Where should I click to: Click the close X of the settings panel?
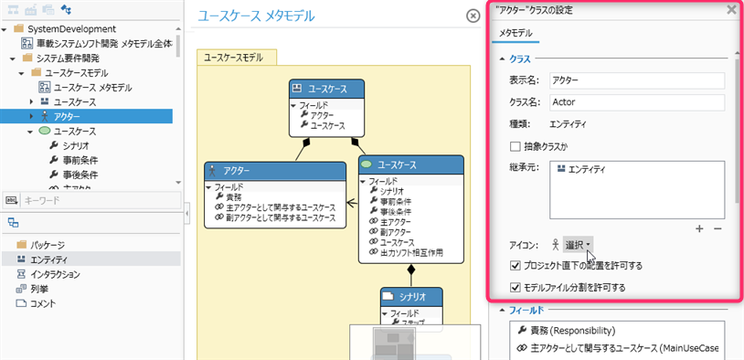coord(730,10)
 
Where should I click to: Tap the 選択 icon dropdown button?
coord(579,245)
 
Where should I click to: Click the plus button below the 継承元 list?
coord(699,228)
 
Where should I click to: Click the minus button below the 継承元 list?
coord(717,228)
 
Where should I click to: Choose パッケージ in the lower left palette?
coord(47,245)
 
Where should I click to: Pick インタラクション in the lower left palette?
coord(55,274)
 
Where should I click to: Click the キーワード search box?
coord(91,198)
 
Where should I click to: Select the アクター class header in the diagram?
coord(274,171)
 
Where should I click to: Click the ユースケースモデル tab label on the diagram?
coord(233,57)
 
